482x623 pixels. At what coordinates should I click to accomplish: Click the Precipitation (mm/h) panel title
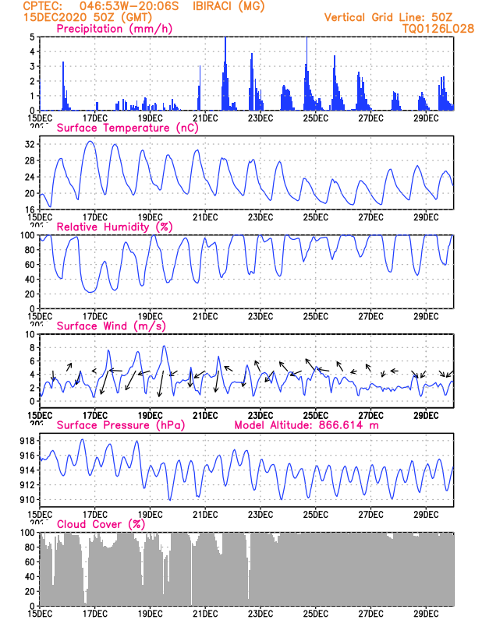coord(115,29)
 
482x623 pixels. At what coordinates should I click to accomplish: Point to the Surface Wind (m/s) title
coord(111,326)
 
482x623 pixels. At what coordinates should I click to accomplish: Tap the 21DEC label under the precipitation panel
coord(205,118)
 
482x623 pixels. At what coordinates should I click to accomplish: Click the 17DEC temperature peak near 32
coord(90,142)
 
